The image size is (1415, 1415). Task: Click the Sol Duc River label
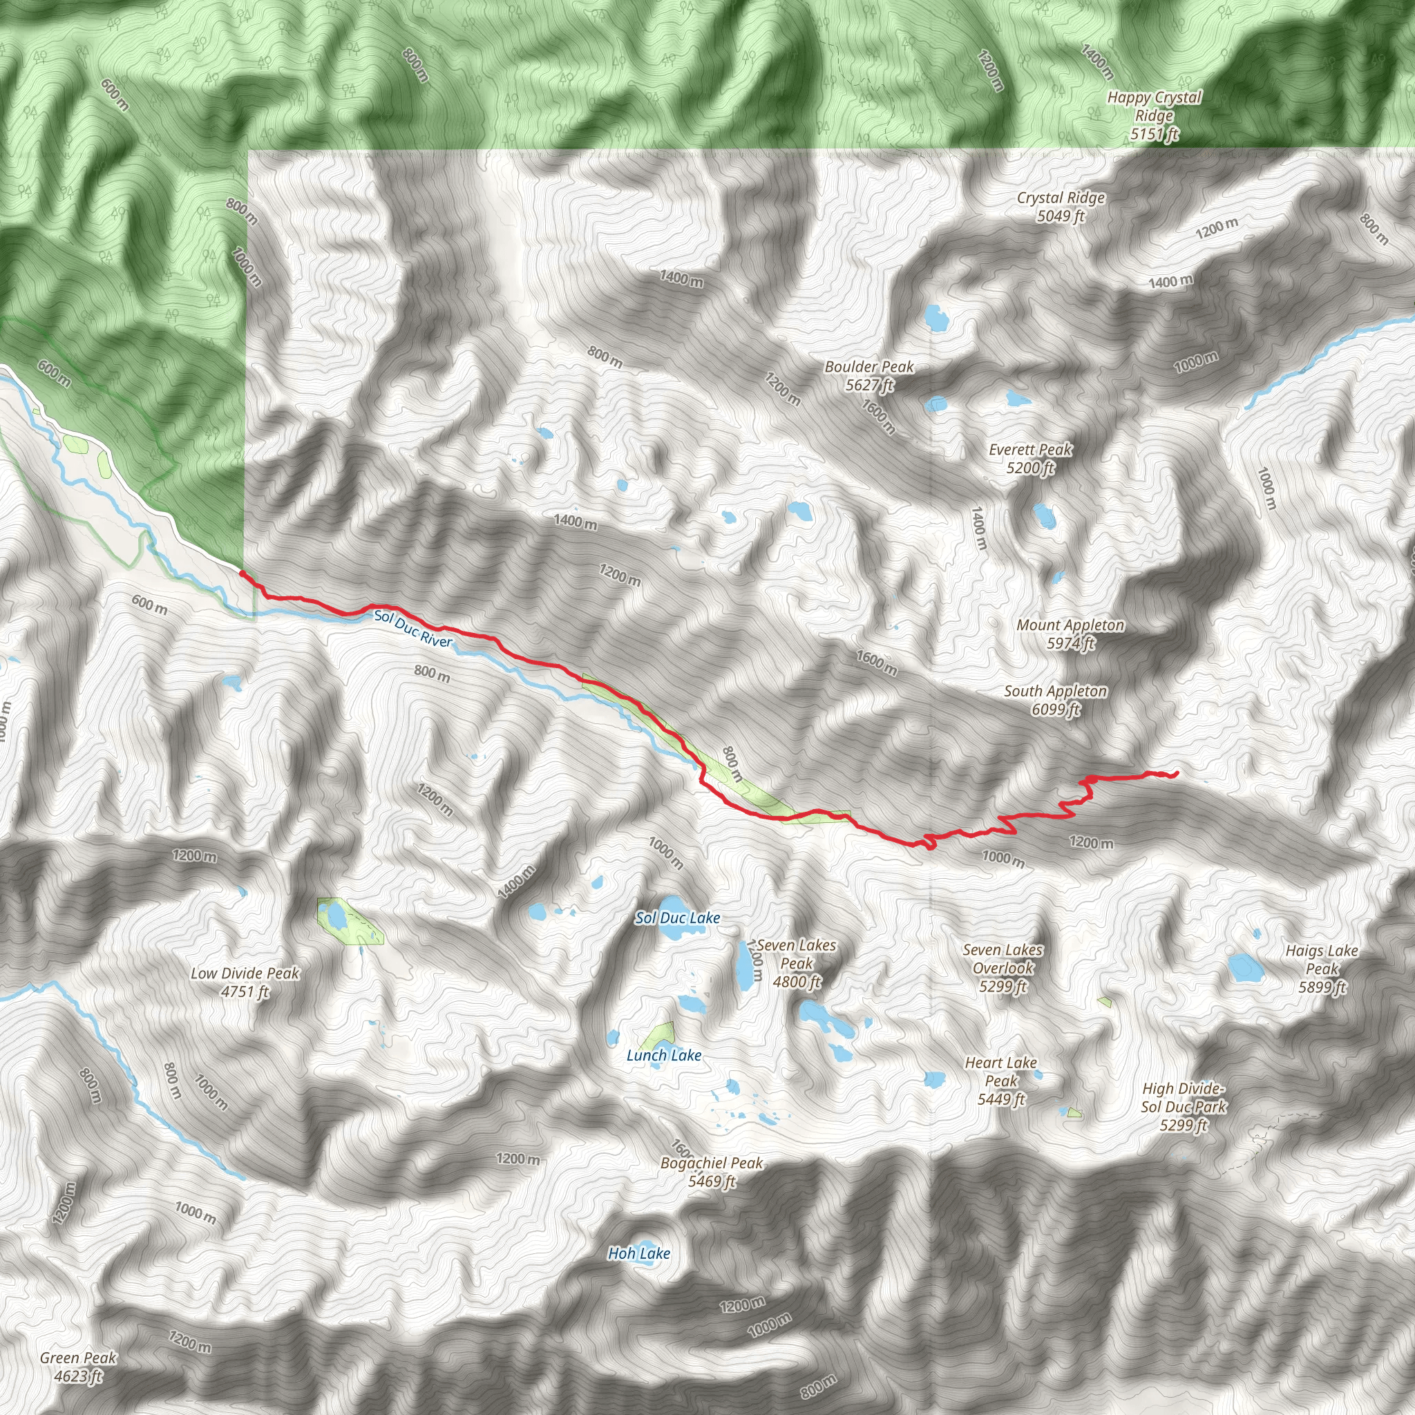click(413, 629)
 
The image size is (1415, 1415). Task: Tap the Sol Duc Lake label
click(678, 918)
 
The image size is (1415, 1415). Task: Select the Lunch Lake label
click(663, 1056)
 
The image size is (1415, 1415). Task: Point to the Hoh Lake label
click(638, 1254)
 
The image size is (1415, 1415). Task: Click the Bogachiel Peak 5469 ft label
click(711, 1172)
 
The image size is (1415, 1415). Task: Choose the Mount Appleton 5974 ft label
click(1070, 634)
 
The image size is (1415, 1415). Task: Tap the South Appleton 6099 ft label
click(1056, 700)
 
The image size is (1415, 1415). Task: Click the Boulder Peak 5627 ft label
click(869, 376)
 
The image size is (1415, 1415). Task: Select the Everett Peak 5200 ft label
click(1030, 459)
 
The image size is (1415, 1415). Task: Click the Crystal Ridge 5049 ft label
click(1061, 207)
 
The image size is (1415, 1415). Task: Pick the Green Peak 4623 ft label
click(77, 1367)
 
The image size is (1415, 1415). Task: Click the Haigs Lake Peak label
click(1322, 968)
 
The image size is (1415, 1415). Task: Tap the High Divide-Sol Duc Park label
click(1183, 1107)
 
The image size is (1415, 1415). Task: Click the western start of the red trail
click(243, 573)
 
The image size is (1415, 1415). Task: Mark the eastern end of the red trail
click(1176, 773)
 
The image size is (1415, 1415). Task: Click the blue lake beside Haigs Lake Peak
click(1245, 968)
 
